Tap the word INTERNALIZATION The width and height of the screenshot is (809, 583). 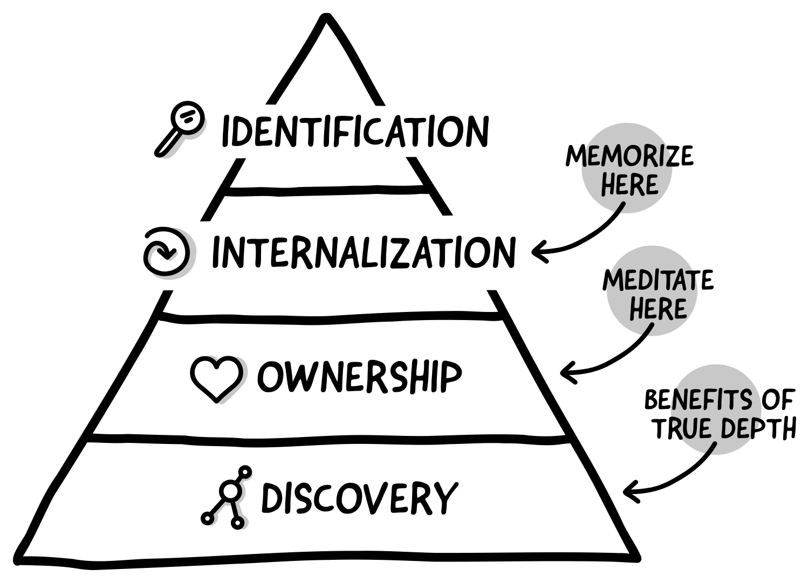(x=362, y=252)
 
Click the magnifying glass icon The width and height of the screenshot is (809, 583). (x=179, y=129)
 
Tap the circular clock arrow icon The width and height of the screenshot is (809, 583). (x=167, y=252)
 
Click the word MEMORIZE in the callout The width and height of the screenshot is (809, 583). (x=629, y=157)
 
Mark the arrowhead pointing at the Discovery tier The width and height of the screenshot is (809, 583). (x=628, y=490)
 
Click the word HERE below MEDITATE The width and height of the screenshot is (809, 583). (x=658, y=309)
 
